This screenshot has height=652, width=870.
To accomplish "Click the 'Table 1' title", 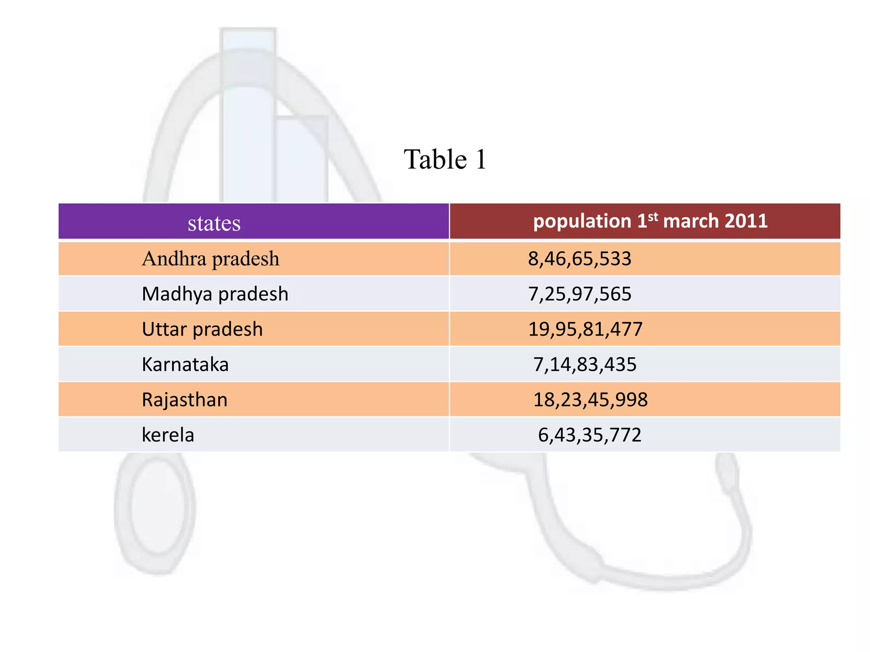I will [x=445, y=160].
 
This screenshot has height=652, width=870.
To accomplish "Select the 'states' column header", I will [x=214, y=223].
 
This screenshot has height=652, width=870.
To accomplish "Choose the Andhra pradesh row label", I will [x=211, y=259].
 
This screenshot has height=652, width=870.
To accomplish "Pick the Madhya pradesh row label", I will [x=215, y=294].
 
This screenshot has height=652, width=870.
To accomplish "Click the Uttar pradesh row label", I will [x=202, y=329].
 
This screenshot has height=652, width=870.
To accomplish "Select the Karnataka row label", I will [x=185, y=364].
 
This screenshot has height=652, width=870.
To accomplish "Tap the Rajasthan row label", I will [x=185, y=399].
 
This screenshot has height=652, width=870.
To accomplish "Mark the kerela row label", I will [x=168, y=435].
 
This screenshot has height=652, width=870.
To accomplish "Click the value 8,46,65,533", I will [x=579, y=259].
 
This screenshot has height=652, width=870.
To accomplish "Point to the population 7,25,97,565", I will [x=579, y=294].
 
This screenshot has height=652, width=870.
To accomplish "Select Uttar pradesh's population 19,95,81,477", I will [x=585, y=329].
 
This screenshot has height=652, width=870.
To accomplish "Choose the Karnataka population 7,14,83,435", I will [x=585, y=364].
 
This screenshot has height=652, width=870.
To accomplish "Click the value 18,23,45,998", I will [x=590, y=399].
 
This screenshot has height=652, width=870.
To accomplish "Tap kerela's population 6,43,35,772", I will [x=590, y=435].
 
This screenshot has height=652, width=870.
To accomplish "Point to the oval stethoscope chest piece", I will [x=155, y=509].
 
